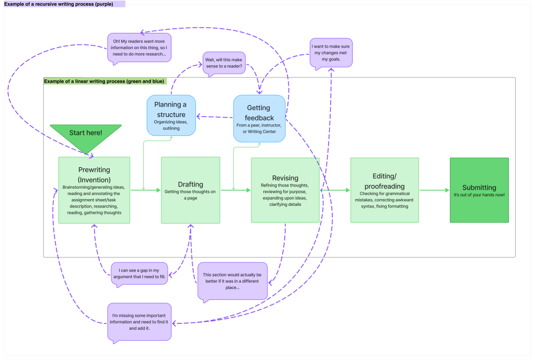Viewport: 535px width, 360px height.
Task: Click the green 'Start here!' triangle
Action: pos(86,134)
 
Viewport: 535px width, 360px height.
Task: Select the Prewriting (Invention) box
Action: pos(94,190)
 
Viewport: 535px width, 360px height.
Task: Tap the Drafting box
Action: pos(191,190)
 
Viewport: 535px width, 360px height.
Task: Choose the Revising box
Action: pos(285,190)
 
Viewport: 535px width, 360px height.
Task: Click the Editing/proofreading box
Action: pos(384,190)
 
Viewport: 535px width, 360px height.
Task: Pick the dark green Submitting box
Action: pos(479,190)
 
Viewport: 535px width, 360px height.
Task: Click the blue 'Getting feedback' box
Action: pos(259,118)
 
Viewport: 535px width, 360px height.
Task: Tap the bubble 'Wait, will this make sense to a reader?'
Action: pos(224,63)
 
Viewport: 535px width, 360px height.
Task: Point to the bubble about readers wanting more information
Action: pos(139,47)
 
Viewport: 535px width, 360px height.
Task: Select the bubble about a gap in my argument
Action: pos(139,273)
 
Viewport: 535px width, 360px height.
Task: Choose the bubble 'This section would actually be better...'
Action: pos(232,281)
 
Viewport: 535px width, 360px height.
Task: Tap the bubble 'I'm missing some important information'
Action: pos(139,321)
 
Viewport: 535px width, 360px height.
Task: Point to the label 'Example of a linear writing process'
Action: pos(104,82)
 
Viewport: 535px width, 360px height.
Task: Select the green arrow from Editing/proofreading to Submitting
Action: pos(434,190)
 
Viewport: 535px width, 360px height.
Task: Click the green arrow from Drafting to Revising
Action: pos(235,190)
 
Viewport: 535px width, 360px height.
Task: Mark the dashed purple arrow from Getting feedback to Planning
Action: pos(214,117)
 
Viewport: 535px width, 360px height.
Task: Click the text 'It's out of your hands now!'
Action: pos(479,195)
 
